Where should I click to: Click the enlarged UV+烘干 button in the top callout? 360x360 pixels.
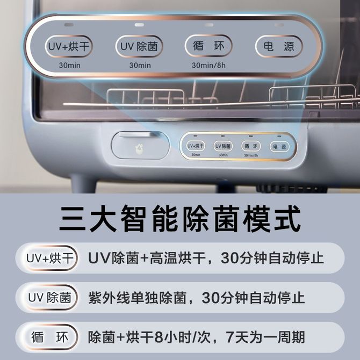[69, 46]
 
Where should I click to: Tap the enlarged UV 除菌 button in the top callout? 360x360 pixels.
[139, 46]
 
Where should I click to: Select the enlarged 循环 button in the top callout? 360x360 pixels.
[208, 46]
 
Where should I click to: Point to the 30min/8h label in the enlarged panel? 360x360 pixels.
[208, 66]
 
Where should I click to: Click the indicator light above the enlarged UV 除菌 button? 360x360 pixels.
[139, 25]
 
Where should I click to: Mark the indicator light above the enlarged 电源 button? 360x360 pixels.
[279, 25]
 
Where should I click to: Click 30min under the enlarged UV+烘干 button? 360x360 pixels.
[69, 66]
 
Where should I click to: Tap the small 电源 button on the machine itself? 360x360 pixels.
[279, 147]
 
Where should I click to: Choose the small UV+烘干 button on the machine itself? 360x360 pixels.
[196, 146]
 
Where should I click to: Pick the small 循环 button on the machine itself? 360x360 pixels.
[251, 146]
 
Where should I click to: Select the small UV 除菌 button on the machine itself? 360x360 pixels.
[223, 146]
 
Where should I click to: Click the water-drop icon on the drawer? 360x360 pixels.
[139, 148]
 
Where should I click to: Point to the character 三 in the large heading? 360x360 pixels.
[72, 218]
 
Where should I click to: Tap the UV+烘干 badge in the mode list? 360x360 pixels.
[50, 258]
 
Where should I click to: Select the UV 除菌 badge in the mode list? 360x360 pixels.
[50, 298]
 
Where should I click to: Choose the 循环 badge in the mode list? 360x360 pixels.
[50, 337]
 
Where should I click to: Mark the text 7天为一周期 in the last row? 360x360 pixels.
[265, 337]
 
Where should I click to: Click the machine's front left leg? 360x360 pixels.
[83, 184]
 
